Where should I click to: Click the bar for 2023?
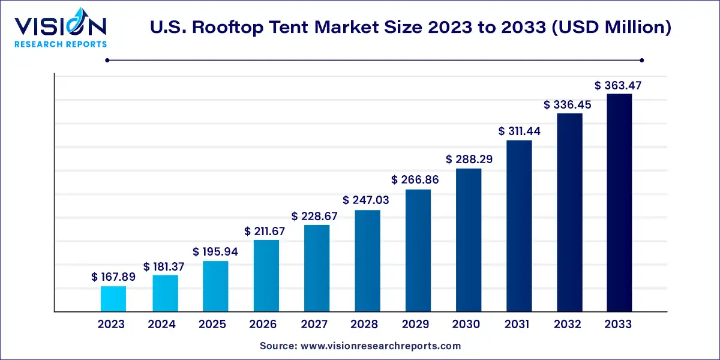[x=113, y=299]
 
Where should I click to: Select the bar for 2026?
[x=266, y=276]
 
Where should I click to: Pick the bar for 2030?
[x=469, y=240]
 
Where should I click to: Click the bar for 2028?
[x=367, y=261]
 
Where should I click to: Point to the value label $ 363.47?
[x=619, y=86]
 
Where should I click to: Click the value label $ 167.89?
[x=113, y=277]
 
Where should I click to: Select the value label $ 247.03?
[x=366, y=200]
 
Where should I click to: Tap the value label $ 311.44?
[x=520, y=131]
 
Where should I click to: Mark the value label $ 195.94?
[x=215, y=252]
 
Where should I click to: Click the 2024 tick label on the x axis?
[x=162, y=325]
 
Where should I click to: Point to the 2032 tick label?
[x=568, y=325]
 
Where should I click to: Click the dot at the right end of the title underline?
[x=641, y=60]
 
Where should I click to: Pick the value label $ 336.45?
[x=568, y=105]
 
